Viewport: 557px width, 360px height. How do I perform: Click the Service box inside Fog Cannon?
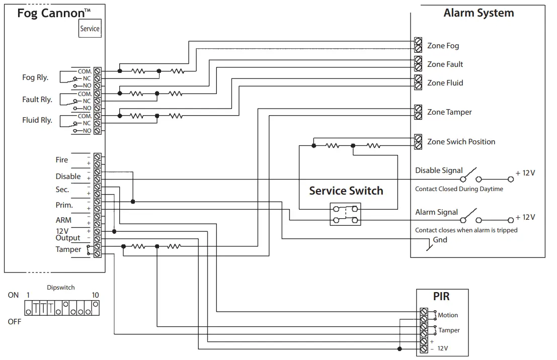90,29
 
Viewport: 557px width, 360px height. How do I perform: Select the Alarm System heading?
479,13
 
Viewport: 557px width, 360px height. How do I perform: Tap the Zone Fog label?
443,46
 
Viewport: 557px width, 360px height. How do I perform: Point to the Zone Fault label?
445,64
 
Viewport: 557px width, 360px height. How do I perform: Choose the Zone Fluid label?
445,83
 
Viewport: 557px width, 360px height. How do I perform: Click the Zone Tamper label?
449,112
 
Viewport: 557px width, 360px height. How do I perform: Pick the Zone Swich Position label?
461,142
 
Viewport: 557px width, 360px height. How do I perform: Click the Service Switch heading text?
346,191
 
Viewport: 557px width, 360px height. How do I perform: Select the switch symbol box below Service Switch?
345,214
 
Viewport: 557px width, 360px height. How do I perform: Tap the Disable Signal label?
439,170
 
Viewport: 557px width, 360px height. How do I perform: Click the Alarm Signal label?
436,212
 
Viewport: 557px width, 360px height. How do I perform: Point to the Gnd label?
440,240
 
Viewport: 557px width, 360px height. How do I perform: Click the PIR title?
441,297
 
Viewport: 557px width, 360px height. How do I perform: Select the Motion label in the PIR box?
448,315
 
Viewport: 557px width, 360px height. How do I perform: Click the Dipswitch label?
61,288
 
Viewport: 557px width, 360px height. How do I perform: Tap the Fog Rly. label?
35,77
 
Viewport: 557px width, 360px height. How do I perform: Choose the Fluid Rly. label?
37,120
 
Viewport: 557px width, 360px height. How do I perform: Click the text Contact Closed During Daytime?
459,189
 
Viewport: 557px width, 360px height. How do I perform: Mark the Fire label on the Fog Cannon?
61,160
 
